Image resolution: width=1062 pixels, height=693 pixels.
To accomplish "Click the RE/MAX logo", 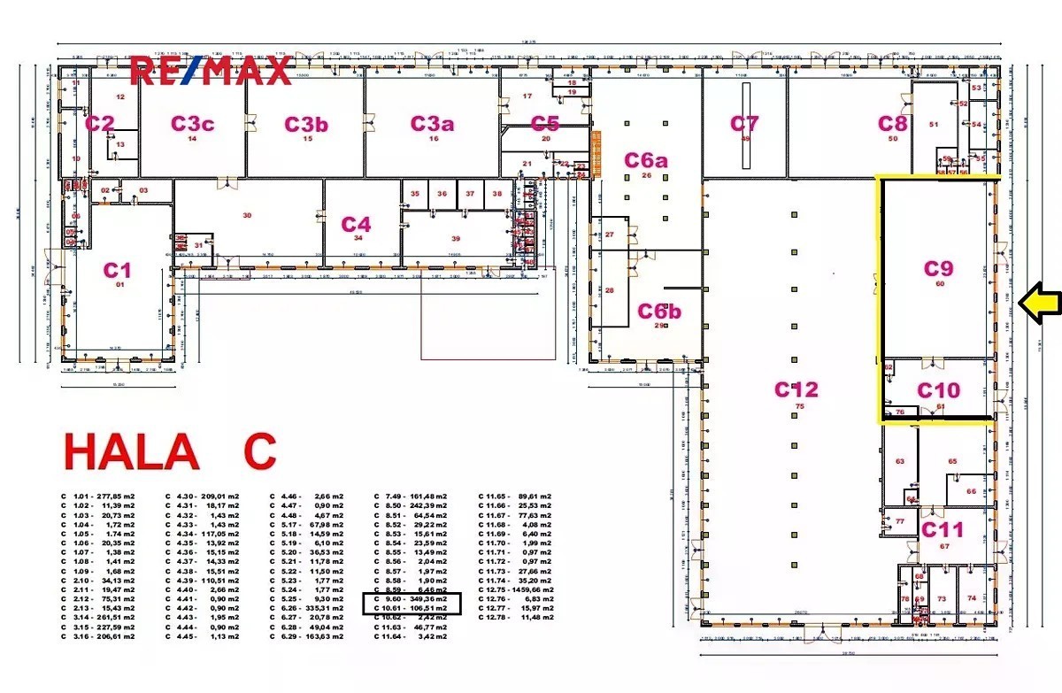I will click(212, 70).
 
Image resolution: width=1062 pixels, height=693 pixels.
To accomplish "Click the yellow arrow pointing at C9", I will click(1038, 303).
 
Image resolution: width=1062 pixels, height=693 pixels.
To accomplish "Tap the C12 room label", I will click(796, 389).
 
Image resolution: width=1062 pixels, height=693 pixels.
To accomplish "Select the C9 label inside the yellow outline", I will click(940, 268).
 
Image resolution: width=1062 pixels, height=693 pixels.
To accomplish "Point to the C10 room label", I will click(938, 390).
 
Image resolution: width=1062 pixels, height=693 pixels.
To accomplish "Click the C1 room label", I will click(118, 269).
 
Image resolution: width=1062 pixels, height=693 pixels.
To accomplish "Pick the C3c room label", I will click(192, 124).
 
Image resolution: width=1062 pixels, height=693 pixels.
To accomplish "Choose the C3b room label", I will click(306, 124).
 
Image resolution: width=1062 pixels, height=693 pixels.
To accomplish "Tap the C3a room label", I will click(432, 124).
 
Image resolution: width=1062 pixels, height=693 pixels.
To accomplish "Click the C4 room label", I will click(356, 225).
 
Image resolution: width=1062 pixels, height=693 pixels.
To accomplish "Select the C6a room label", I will click(646, 160).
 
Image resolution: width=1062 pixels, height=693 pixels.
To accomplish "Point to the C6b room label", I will click(659, 312).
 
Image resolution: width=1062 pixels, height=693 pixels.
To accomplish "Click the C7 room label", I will click(744, 124).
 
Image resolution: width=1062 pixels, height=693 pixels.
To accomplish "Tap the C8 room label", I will click(892, 124).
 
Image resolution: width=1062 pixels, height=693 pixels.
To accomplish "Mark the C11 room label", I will click(943, 530).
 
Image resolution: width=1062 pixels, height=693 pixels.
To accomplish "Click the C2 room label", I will click(99, 124).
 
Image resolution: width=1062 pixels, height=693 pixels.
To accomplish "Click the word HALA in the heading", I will click(131, 452).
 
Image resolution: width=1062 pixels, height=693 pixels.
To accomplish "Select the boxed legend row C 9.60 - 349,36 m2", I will click(411, 599).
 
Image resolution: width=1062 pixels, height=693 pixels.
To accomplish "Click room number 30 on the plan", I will click(247, 215).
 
